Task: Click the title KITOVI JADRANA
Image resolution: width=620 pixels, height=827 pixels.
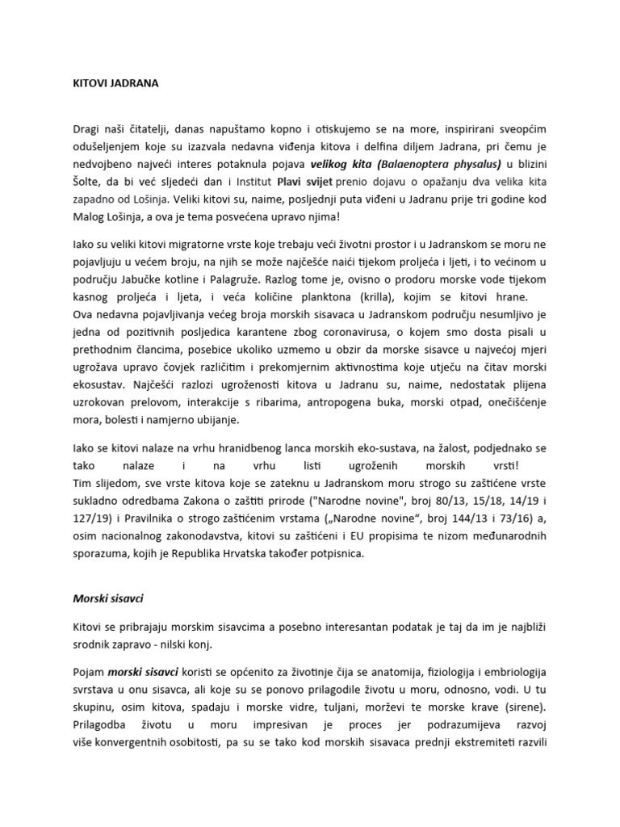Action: [x=105, y=82]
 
